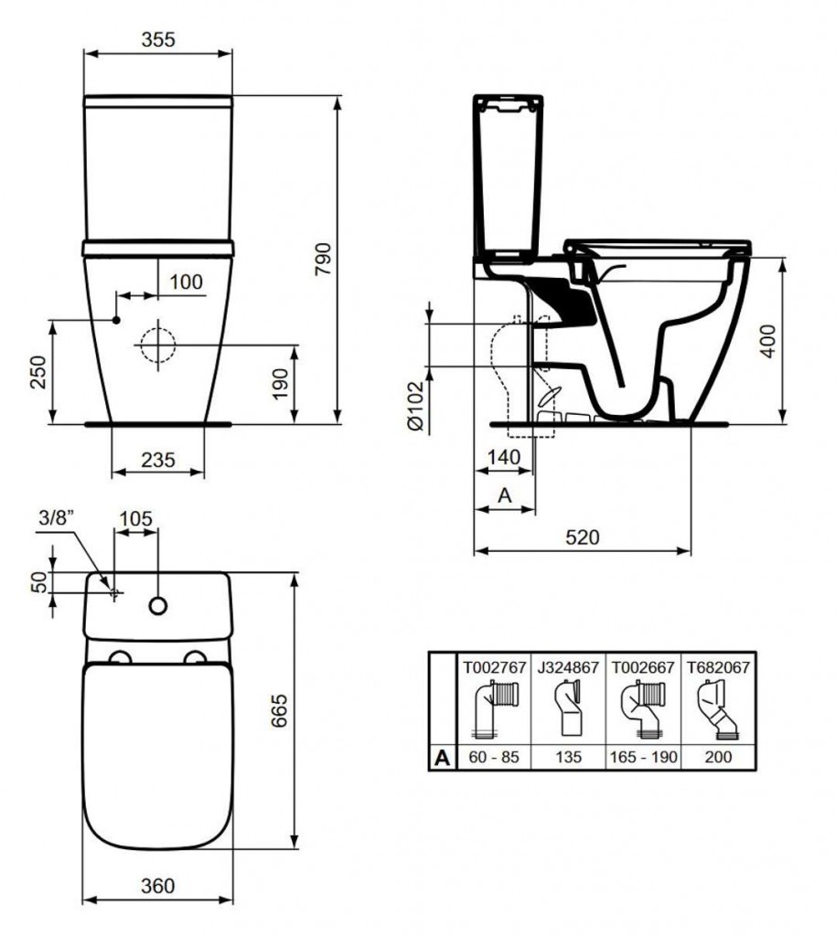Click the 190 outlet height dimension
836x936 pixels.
click(x=281, y=385)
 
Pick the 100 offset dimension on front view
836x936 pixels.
click(x=186, y=282)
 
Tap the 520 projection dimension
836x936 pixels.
click(x=582, y=537)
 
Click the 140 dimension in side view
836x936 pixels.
click(x=503, y=457)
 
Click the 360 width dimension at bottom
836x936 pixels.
click(x=157, y=886)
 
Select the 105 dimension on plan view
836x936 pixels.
click(x=135, y=518)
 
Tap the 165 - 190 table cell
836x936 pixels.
click(x=643, y=757)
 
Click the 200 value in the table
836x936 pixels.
click(x=718, y=757)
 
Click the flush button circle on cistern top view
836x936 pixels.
click(x=158, y=605)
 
